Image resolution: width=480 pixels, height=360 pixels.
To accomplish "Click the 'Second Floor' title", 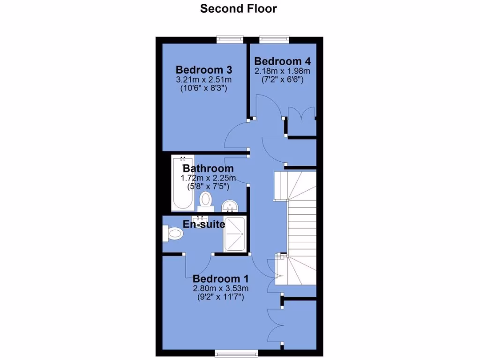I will coord(239,8).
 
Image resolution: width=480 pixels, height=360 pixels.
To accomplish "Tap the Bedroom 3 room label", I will coord(204,70).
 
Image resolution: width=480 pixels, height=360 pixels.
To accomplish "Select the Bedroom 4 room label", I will coord(283,61).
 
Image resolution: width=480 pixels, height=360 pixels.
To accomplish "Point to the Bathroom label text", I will coord(208,168).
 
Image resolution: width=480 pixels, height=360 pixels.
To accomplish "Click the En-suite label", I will coord(204,225).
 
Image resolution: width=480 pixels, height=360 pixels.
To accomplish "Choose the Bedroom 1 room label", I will coord(217,279).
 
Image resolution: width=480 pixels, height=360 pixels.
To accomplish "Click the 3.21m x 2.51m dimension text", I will coord(204,79).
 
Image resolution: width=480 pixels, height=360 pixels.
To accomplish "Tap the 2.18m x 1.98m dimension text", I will coord(283,71).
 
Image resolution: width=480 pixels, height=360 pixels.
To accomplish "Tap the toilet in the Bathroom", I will coord(205,200).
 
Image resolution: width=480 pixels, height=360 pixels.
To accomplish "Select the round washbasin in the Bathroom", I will coord(230,205).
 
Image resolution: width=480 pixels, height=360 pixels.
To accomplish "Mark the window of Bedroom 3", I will coord(230,40).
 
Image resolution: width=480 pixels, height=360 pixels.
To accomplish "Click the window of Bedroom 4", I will coord(275,40).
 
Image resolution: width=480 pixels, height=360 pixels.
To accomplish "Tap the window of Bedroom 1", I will coord(236,352).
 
